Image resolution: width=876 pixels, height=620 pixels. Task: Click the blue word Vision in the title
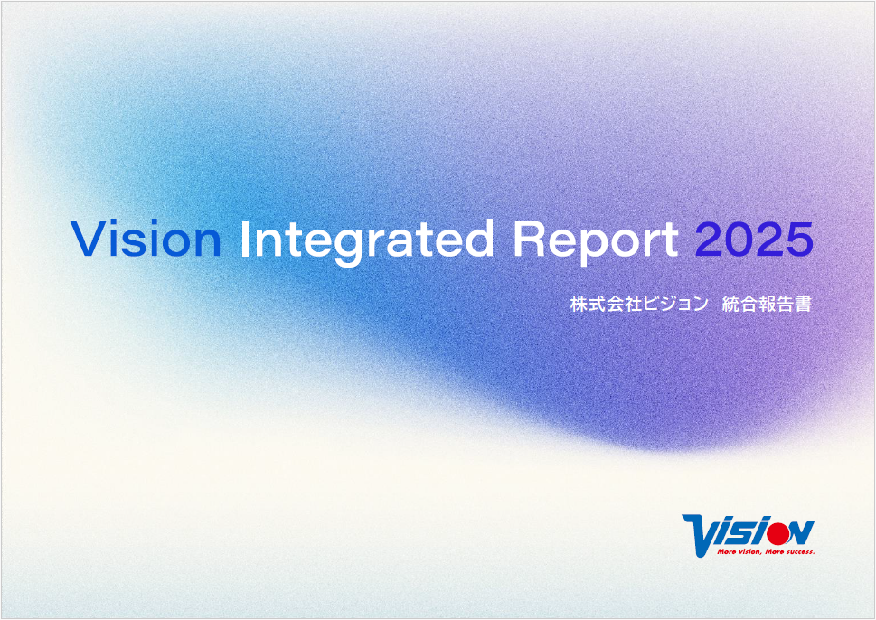146,240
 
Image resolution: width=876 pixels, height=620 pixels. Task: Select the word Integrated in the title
366,242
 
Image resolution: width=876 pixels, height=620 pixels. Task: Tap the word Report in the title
596,242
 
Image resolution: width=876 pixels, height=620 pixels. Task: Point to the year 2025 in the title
754,240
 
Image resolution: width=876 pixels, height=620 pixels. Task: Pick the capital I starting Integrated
243,240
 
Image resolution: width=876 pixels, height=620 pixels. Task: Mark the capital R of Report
529,240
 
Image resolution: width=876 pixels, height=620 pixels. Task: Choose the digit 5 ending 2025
799,240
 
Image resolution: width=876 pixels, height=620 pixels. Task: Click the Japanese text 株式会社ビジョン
638,304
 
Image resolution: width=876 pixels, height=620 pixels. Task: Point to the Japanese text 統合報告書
767,304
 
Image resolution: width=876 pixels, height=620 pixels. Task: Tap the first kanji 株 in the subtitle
579,304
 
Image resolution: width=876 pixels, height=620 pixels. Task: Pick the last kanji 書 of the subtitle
803,304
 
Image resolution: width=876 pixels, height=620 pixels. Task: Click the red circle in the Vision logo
777,531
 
